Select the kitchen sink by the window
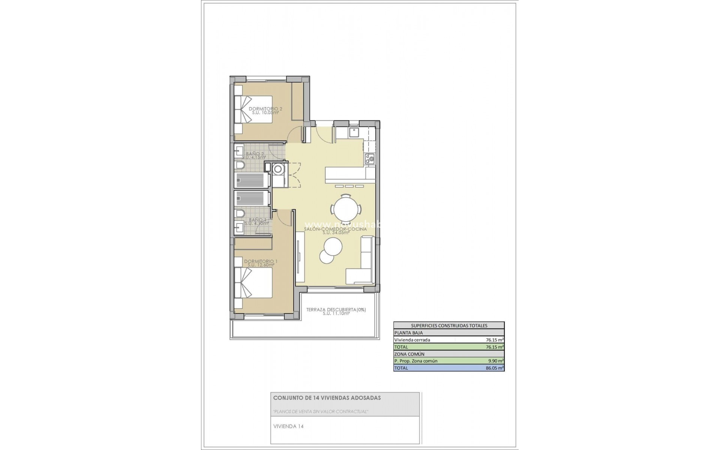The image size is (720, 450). (354, 132)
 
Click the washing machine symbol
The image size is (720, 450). (278, 169)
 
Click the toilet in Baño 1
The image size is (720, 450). (240, 213)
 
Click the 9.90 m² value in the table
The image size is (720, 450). (495, 361)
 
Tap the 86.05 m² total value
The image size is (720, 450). (495, 368)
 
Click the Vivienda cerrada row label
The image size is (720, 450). (412, 340)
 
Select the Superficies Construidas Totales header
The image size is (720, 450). (449, 325)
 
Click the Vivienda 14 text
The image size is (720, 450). (288, 426)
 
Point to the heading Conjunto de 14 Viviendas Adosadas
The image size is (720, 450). (327, 398)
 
